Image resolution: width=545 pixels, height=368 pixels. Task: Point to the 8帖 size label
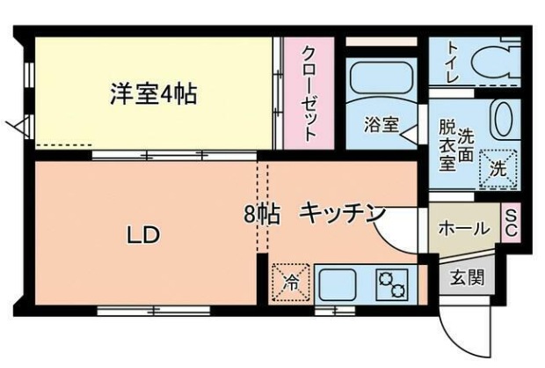pyautogui.click(x=262, y=214)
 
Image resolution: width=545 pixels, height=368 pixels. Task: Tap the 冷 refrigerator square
pyautogui.click(x=289, y=283)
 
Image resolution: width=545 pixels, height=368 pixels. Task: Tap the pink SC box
pyautogui.click(x=510, y=223)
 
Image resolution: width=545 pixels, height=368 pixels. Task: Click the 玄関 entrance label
pyautogui.click(x=467, y=278)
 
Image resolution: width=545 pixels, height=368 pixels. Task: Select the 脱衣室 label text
pyautogui.click(x=447, y=144)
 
